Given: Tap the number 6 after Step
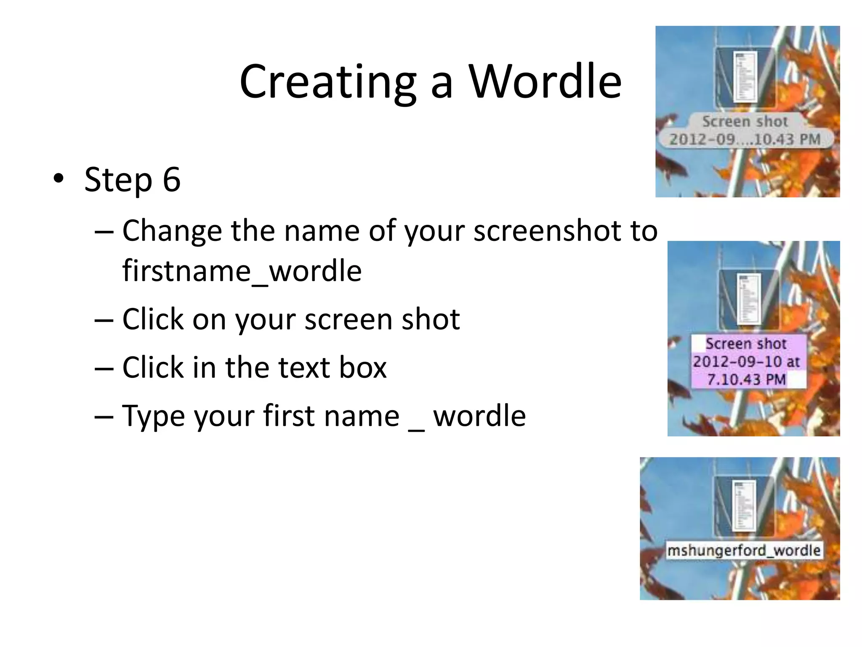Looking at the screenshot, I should (x=172, y=179).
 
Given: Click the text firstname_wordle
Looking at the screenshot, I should (x=242, y=270).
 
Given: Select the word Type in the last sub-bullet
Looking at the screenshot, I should (x=153, y=416).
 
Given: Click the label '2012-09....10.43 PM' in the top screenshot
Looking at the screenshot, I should (x=745, y=139).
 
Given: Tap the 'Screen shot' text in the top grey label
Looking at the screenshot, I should (x=745, y=121).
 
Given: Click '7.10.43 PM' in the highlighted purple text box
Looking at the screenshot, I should (x=746, y=379).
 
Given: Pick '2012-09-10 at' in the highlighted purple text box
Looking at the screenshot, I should (x=746, y=361).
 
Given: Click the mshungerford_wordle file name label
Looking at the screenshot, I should (x=744, y=550).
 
